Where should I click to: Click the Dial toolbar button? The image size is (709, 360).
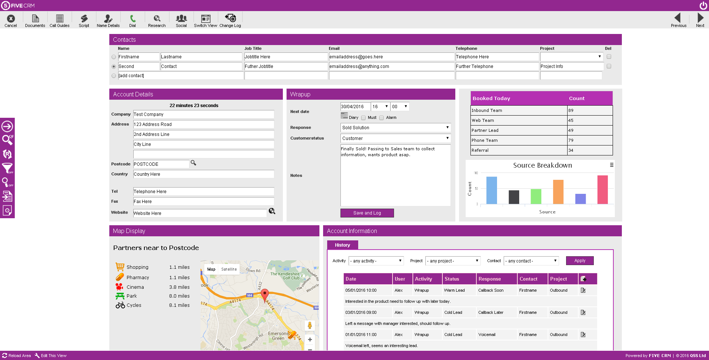click(x=133, y=21)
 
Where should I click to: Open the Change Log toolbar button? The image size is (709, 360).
click(x=230, y=21)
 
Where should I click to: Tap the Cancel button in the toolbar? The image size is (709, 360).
click(x=11, y=21)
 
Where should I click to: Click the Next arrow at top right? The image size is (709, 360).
click(x=700, y=20)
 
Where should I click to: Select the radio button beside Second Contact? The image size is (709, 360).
click(x=114, y=66)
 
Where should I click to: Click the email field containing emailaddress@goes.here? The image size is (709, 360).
click(x=391, y=57)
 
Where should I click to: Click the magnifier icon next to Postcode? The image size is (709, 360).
click(x=193, y=163)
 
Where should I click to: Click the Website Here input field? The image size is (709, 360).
click(x=200, y=213)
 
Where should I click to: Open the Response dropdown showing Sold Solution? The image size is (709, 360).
click(x=395, y=127)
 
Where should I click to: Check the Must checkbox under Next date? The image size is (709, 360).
click(x=363, y=118)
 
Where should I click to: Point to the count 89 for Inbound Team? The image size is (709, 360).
click(x=590, y=110)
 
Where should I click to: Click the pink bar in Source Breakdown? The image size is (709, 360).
click(x=603, y=190)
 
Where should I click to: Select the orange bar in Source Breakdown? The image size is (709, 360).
click(x=558, y=192)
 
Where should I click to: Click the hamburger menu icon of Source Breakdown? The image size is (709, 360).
click(x=612, y=165)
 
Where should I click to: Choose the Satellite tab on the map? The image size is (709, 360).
click(x=229, y=269)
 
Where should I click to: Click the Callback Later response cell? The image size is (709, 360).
click(x=491, y=312)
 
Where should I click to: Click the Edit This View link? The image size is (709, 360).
click(x=51, y=356)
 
